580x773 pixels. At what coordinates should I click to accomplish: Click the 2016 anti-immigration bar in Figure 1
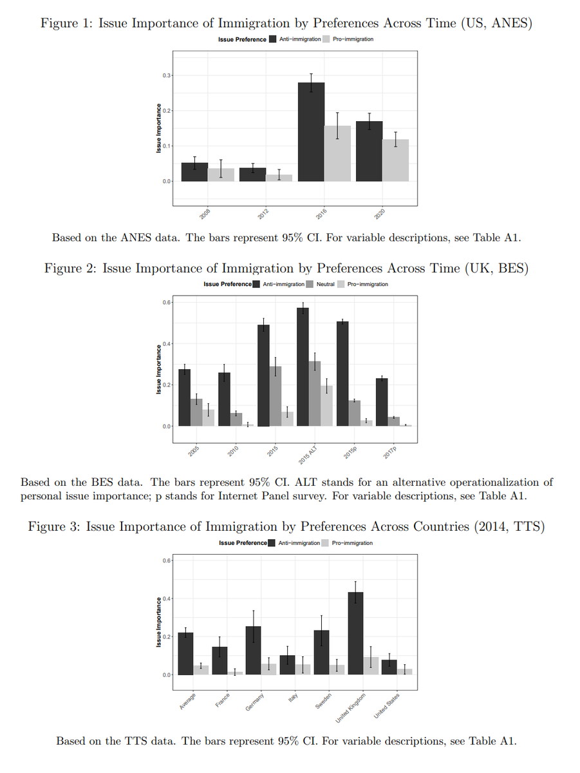click(x=310, y=132)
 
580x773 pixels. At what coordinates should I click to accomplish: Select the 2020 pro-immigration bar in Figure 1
click(x=395, y=160)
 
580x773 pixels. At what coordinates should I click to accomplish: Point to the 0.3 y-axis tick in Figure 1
click(x=167, y=76)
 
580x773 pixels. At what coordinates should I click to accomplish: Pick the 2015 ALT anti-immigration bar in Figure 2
click(x=303, y=367)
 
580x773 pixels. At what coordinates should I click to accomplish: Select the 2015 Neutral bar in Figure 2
click(x=275, y=396)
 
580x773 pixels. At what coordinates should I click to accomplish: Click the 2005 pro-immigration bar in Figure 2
click(x=209, y=417)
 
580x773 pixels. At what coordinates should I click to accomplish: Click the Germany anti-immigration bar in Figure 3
click(x=254, y=651)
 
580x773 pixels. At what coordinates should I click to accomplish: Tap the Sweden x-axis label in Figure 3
click(x=323, y=700)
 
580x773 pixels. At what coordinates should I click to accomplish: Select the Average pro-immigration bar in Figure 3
click(x=201, y=670)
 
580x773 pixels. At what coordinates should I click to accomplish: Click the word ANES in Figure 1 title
click(x=505, y=24)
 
